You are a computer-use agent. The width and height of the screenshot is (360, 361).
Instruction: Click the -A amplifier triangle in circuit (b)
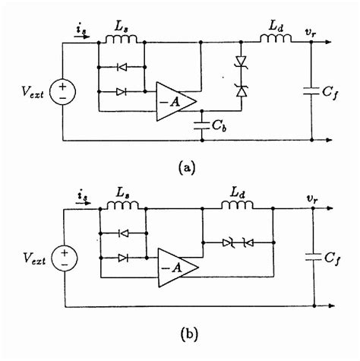[x=176, y=267]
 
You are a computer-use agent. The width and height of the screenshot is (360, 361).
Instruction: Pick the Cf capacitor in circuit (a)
[x=312, y=92]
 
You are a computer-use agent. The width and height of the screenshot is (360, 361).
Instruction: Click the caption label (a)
[x=185, y=168]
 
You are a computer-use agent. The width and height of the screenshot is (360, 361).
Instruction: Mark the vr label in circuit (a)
[x=311, y=32]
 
